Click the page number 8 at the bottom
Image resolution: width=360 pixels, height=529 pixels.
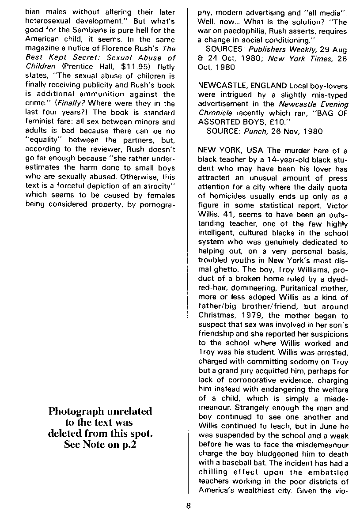click(x=188, y=506)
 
